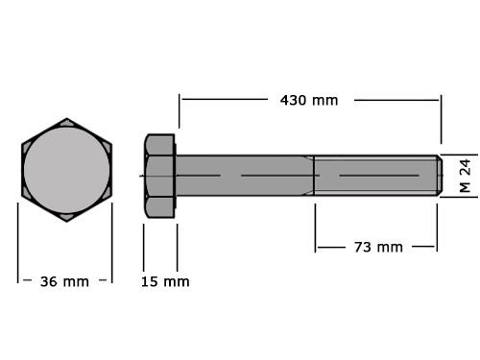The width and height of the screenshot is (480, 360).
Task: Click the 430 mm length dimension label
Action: (309, 100)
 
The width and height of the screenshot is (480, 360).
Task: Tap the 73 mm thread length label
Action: (378, 247)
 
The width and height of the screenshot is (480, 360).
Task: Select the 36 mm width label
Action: (64, 281)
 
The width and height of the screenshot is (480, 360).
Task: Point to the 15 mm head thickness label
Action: (165, 281)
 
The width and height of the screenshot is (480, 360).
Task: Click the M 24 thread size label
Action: (466, 176)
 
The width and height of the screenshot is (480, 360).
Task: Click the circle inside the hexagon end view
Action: (66, 170)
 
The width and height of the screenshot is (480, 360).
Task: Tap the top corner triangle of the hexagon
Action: (67, 123)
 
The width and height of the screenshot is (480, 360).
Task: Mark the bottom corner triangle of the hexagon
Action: (67, 217)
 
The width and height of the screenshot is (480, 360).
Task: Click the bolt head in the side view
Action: (159, 176)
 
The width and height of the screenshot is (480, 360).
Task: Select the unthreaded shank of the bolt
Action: (245, 176)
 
